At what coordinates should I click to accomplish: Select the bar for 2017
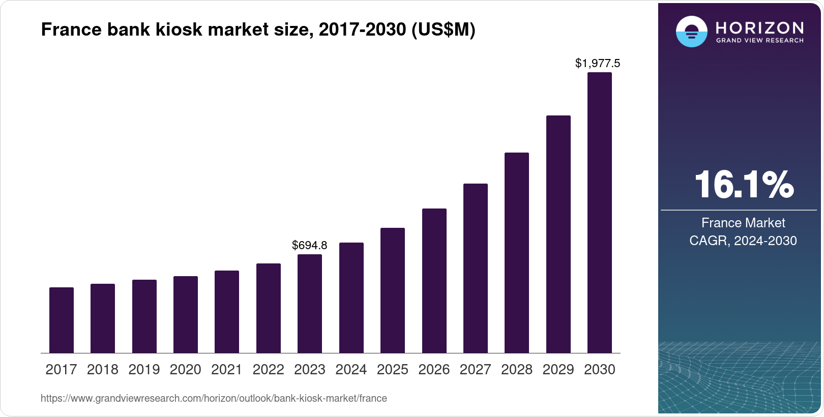[x=62, y=320]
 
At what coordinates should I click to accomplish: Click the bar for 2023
[x=310, y=304]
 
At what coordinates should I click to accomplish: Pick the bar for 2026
[x=434, y=281]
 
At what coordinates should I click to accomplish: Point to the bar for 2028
[x=517, y=253]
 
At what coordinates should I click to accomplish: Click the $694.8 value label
[x=310, y=245]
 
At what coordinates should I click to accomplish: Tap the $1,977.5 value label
[x=598, y=63]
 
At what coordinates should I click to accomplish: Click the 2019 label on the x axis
[x=144, y=370]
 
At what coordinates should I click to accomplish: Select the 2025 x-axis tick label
[x=393, y=370]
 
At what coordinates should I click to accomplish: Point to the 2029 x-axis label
[x=558, y=370]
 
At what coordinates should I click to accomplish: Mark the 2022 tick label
[x=268, y=370]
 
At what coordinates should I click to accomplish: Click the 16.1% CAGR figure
[x=743, y=185]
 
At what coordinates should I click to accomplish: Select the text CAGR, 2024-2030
[x=743, y=241]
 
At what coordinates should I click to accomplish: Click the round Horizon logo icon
[x=691, y=32]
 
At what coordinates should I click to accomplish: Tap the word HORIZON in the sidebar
[x=759, y=27]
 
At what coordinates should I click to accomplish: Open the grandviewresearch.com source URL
[x=214, y=398]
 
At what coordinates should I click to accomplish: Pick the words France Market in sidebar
[x=743, y=223]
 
